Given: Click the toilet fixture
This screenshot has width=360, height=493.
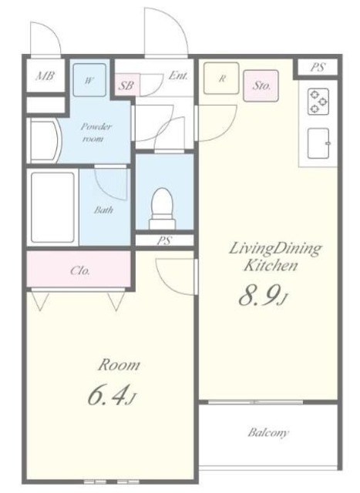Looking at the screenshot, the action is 162,209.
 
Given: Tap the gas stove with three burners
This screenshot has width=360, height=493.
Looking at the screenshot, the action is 318,102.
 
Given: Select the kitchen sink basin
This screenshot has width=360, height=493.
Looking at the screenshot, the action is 318,143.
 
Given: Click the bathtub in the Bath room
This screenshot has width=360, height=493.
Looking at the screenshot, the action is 53,207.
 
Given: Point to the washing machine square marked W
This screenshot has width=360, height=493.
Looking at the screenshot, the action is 89,80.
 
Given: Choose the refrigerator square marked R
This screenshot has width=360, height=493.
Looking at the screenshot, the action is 221,79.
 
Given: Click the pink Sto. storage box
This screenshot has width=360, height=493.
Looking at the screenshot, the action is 261,86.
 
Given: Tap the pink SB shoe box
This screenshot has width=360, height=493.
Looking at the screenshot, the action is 127,85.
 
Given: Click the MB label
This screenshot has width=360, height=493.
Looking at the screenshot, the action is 45,75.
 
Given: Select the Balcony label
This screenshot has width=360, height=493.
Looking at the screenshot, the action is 267,433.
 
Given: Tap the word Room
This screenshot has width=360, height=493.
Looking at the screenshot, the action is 119,365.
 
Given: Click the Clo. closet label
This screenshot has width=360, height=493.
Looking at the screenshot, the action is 80,270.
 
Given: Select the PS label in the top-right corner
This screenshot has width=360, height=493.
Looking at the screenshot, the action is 318,68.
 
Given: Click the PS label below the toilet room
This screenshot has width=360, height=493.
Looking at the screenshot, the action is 164,241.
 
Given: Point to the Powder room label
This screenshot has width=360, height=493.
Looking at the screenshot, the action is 96,132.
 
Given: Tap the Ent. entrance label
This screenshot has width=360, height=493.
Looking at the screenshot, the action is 179,75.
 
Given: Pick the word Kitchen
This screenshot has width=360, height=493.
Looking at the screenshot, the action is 271,266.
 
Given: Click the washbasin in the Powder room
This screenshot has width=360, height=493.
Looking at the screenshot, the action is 45,140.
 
